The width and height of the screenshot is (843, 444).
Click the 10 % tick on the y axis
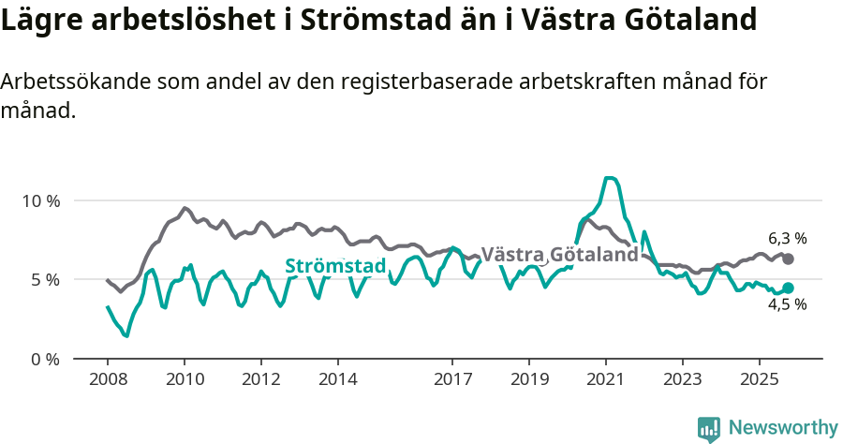point(40,200)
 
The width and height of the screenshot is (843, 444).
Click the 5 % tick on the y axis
point(44,279)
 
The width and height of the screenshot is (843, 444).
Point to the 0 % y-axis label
point(44,359)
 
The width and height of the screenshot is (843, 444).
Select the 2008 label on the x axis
point(108,379)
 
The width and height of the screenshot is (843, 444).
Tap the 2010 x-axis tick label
point(185,379)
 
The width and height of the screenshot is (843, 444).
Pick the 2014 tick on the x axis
point(338,379)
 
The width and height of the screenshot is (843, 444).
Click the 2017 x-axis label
point(452,379)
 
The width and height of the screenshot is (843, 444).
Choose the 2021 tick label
point(606,379)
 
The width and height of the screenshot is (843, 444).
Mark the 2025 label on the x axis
point(759,379)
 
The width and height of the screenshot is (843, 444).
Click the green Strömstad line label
point(335,266)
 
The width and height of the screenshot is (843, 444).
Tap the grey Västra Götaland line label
point(559,254)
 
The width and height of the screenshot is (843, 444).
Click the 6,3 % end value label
point(788,238)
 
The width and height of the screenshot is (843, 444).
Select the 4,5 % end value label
point(787,304)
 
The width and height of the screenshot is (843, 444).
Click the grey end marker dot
point(788,259)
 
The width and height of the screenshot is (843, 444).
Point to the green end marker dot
point(788,288)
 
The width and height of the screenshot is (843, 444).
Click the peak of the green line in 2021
point(610,177)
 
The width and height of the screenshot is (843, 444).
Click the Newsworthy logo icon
point(709,428)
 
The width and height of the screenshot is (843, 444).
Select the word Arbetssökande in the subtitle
point(70,81)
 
